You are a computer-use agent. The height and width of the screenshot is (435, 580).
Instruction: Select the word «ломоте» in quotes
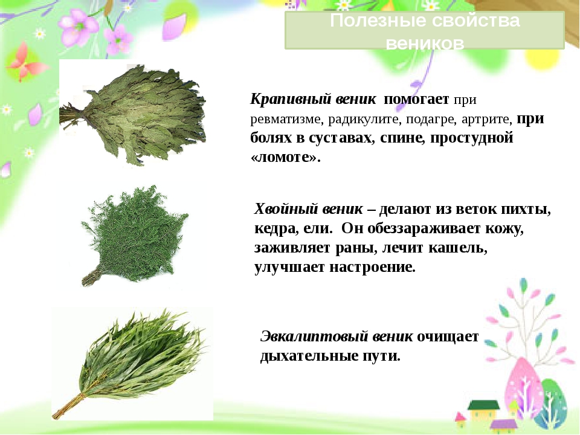tap(285, 157)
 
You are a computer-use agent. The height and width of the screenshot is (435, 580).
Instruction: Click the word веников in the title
tap(425, 43)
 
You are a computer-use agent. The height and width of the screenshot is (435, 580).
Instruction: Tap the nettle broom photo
tap(132, 114)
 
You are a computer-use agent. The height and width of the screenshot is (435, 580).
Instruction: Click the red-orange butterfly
tap(25, 62)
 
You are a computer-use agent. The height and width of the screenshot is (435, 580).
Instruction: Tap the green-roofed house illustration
tap(482, 411)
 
